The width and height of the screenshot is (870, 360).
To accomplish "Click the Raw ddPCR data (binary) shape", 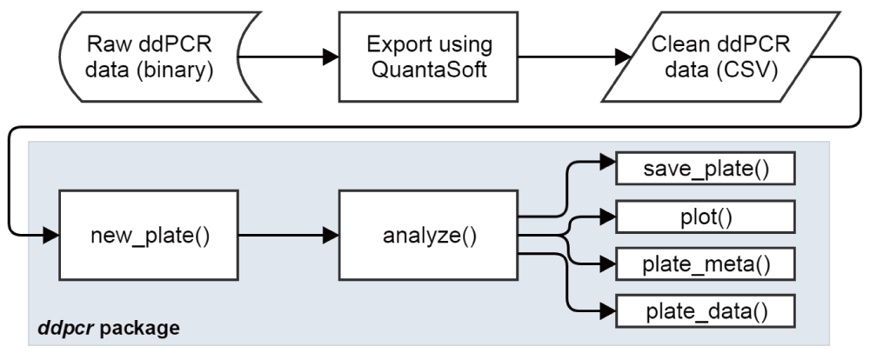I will tap(150, 57).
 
